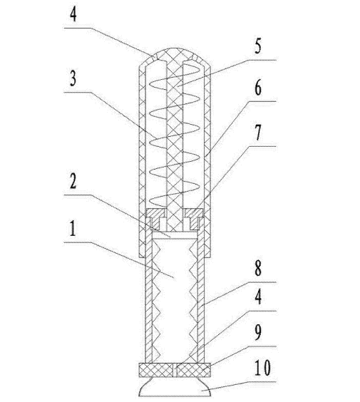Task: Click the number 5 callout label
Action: [257, 46]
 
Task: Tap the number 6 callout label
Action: [257, 88]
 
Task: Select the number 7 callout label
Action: [257, 133]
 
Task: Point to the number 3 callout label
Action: [73, 78]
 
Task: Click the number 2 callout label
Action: [73, 181]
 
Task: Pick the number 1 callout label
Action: [73, 228]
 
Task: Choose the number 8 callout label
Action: [257, 268]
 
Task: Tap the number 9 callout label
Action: [257, 332]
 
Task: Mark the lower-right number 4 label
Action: [257, 297]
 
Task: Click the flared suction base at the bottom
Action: [175, 386]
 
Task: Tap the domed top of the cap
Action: [175, 54]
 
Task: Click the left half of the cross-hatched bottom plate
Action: [155, 370]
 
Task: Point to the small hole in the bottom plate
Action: [175, 370]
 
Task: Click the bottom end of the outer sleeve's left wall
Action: [142, 257]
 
